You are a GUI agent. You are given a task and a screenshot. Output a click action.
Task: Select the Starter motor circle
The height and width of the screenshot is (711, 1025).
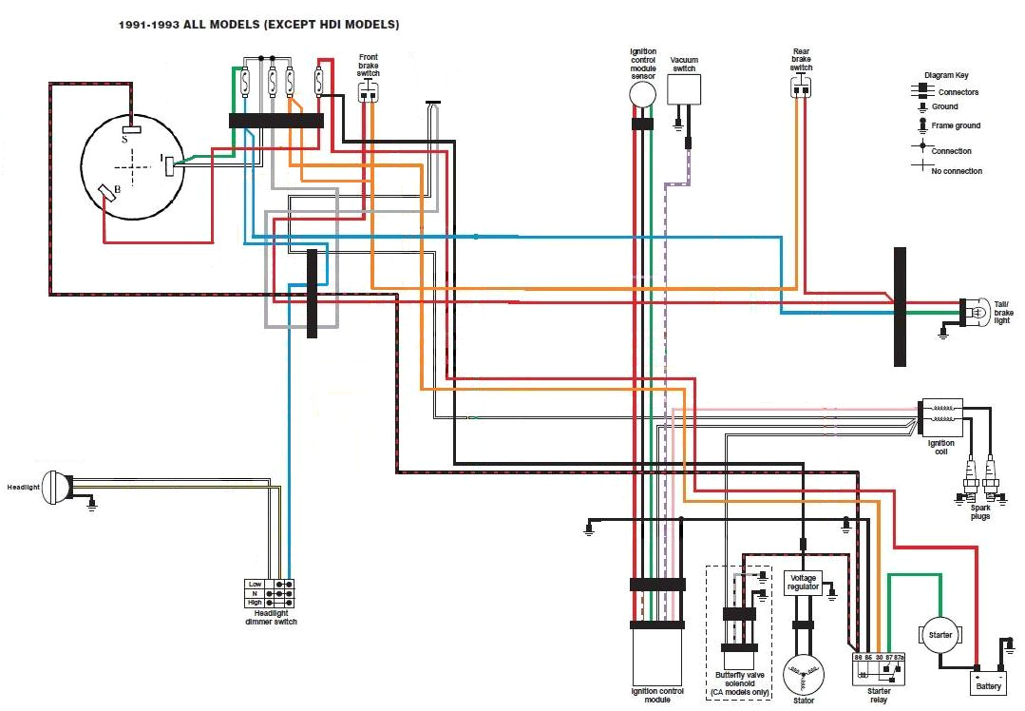940,634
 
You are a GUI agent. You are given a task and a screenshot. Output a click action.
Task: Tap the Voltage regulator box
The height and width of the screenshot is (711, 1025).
803,583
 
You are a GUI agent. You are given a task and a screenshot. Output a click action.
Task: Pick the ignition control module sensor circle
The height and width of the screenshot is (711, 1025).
643,94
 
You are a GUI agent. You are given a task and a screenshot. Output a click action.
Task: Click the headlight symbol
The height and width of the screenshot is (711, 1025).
57,489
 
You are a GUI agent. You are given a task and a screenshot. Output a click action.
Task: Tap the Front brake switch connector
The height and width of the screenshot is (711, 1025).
368,91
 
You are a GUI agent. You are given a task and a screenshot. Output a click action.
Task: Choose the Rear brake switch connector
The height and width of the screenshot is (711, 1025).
802,87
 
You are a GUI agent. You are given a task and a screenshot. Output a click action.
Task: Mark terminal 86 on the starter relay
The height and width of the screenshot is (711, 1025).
868,658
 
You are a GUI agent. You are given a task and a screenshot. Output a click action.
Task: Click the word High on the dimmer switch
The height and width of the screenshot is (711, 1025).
255,603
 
